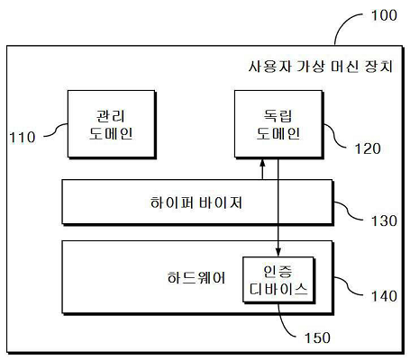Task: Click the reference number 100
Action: [x=384, y=15]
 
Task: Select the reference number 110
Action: [x=23, y=138]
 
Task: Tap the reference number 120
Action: [x=368, y=148]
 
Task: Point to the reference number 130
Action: [x=384, y=220]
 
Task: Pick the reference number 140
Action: [x=384, y=296]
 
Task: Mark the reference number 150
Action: [x=317, y=337]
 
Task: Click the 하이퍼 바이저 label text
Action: [x=196, y=202]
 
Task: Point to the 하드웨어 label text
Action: [x=196, y=278]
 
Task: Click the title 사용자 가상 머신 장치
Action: [x=321, y=67]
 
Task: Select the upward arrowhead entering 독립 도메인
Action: [x=262, y=163]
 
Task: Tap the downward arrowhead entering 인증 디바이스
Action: [x=278, y=252]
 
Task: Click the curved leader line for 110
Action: [x=56, y=130]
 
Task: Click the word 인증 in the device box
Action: [x=278, y=271]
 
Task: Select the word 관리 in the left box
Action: [x=110, y=116]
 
